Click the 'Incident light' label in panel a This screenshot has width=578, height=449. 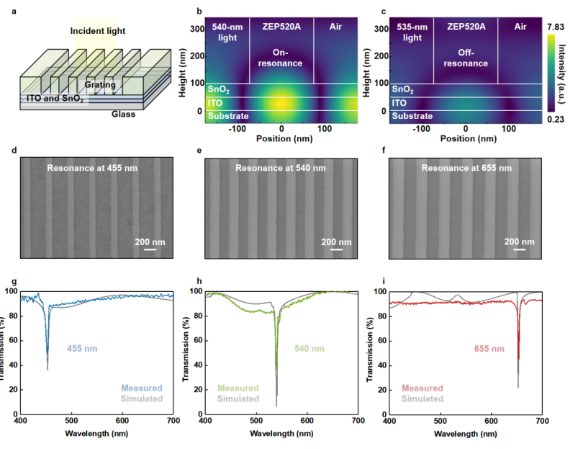pyautogui.click(x=97, y=31)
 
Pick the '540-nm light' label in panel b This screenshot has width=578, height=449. pyautogui.click(x=227, y=32)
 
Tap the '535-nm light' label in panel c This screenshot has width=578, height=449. pyautogui.click(x=412, y=32)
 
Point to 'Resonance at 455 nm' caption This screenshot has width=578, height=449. pyautogui.click(x=92, y=168)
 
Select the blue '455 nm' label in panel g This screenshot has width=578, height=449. pyautogui.click(x=81, y=349)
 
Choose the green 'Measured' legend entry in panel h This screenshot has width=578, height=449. pyautogui.click(x=238, y=388)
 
